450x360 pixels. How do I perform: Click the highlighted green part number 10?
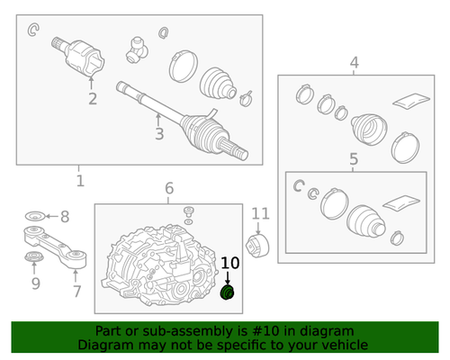coord(228,292)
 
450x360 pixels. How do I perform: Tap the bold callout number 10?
coord(230,263)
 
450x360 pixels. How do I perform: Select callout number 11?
coord(260,214)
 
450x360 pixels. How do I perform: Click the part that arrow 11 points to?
coord(257,247)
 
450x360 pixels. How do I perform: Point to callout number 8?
coord(65,217)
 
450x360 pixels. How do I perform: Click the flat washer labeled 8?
coord(35,215)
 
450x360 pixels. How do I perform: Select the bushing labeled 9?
coord(33,256)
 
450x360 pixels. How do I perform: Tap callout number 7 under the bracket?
coord(77,292)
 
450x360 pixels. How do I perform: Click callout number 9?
coord(36,283)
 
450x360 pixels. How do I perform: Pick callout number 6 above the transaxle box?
coord(169,188)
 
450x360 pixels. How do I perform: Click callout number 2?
coord(93,99)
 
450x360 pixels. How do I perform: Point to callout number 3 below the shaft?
coord(159,134)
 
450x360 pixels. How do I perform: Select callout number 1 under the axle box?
coord(80,181)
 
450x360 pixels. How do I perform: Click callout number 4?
coord(355,63)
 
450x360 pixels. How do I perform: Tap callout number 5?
coord(354,158)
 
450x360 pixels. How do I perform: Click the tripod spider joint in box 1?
coord(137,49)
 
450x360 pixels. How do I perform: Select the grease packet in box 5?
coord(401,203)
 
